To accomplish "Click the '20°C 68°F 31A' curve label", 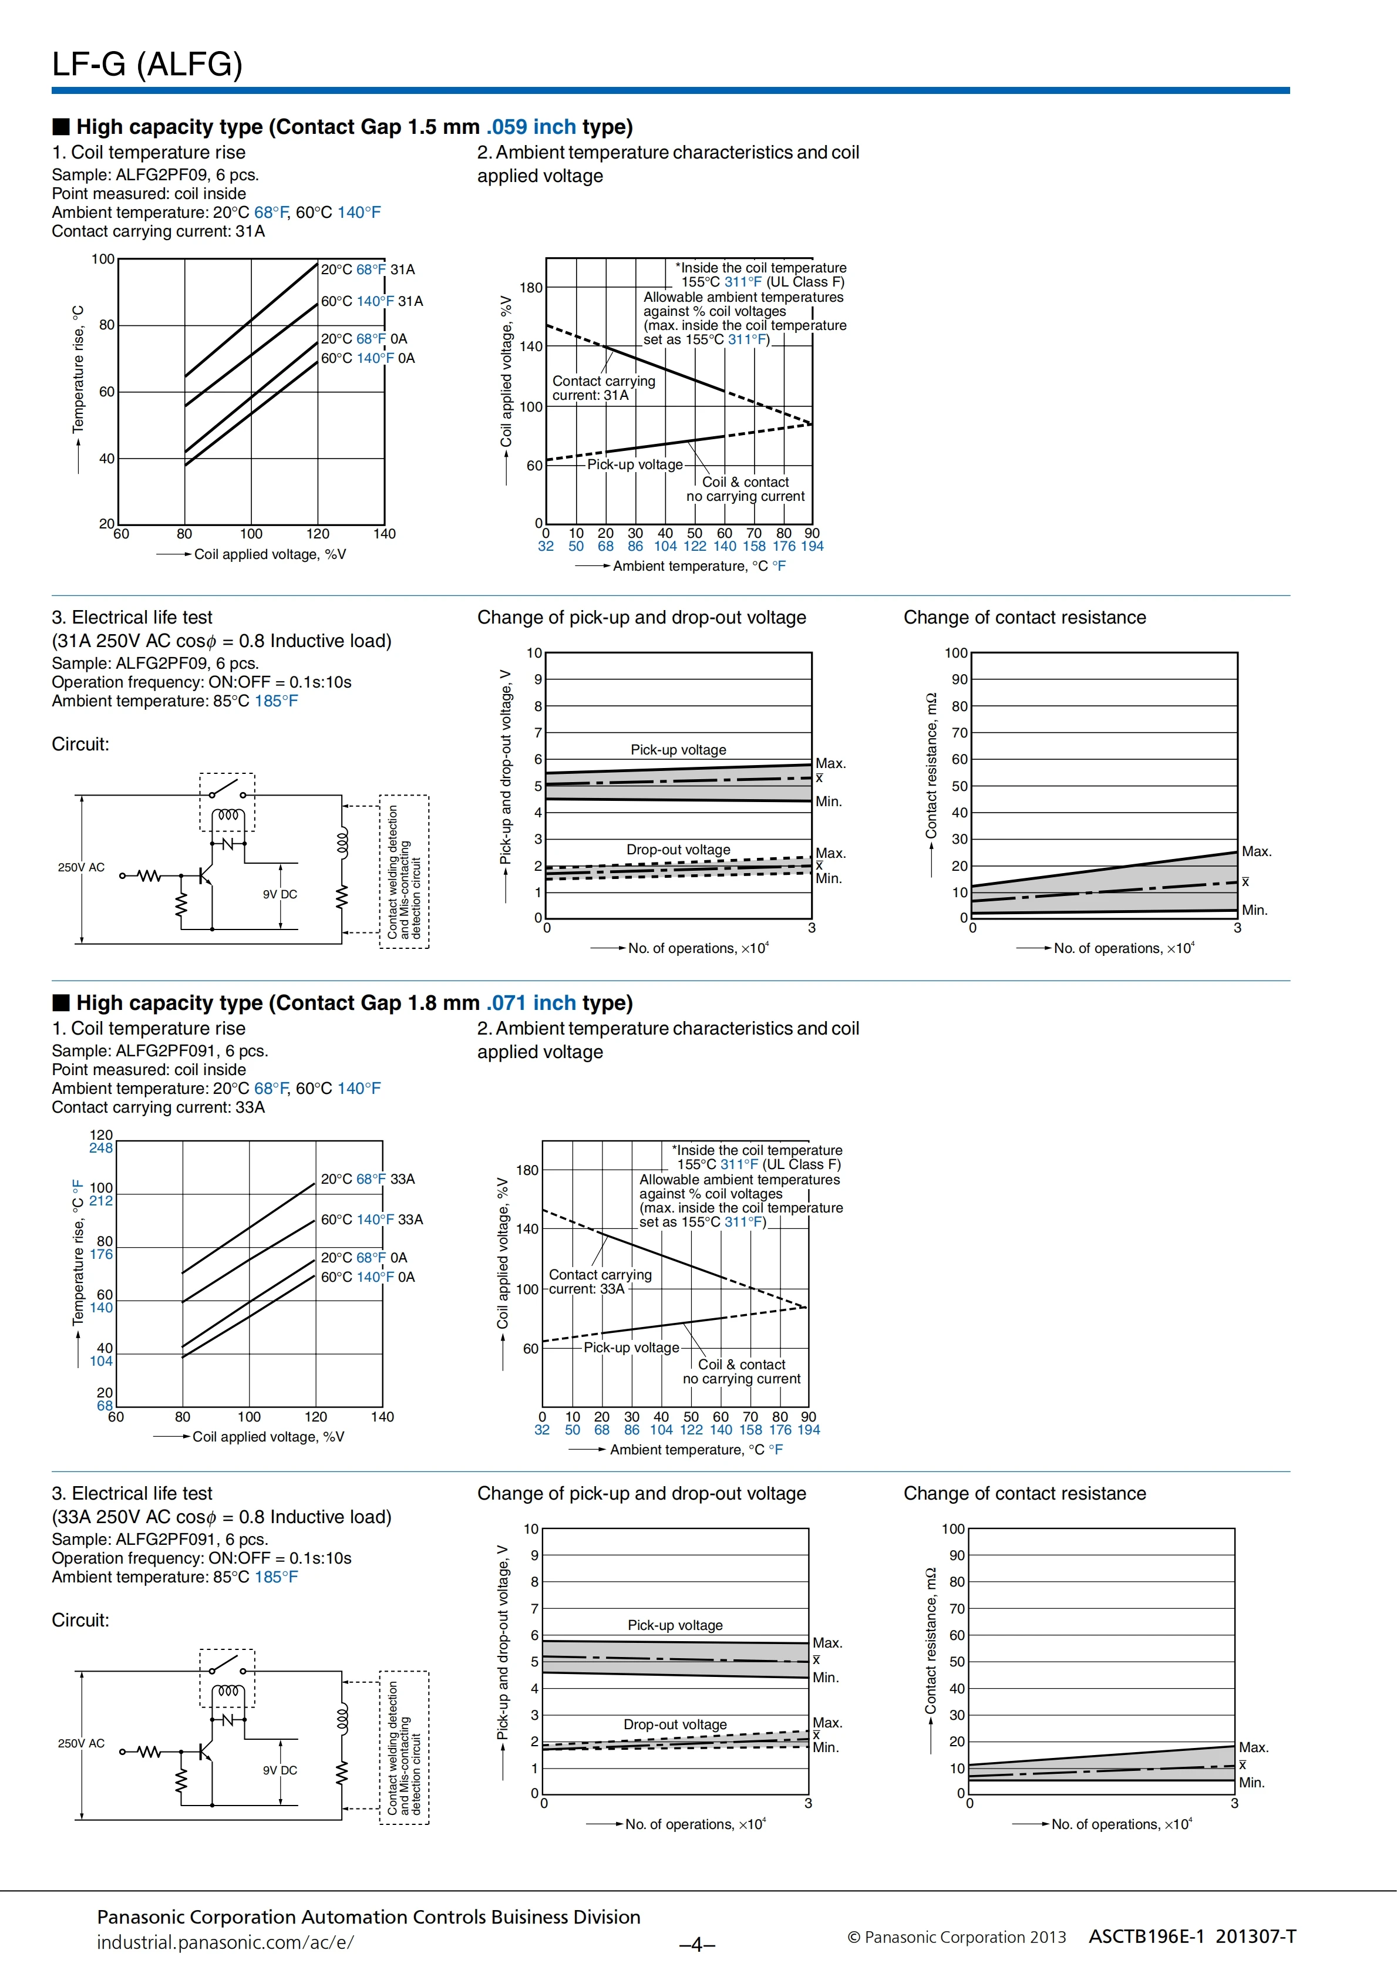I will [x=368, y=270].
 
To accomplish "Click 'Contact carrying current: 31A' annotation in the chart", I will [x=603, y=388].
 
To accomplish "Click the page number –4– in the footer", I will [x=698, y=1944].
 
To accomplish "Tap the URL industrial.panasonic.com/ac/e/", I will [x=225, y=1942].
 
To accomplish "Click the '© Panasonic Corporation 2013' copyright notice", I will [x=956, y=1938].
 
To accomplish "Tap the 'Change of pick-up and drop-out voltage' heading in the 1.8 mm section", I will [x=642, y=1493].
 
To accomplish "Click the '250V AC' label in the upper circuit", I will [x=81, y=867].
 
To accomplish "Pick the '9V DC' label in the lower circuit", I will [x=280, y=1770].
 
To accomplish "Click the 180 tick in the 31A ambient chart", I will [x=530, y=288].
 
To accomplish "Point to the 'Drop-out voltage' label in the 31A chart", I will [x=678, y=850].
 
